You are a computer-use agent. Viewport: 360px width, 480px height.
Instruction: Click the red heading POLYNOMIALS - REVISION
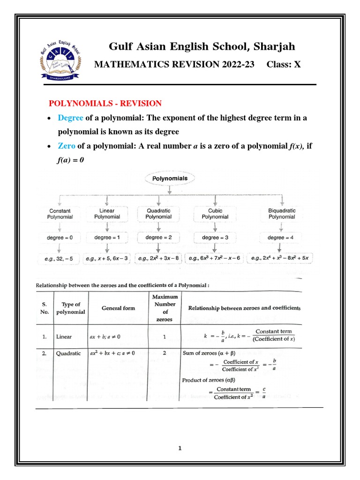pyautogui.click(x=105, y=103)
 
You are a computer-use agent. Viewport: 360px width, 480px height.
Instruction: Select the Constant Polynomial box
pyautogui.click(x=61, y=214)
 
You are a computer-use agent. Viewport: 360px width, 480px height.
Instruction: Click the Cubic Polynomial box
pyautogui.click(x=215, y=214)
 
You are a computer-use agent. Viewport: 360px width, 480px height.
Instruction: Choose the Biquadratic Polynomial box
pyautogui.click(x=282, y=214)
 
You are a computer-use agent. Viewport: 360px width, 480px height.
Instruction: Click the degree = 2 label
pyautogui.click(x=159, y=238)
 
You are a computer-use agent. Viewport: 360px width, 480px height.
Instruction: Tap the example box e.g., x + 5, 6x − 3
pyautogui.click(x=107, y=258)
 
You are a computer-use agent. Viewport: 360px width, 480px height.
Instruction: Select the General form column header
pyautogui.click(x=118, y=308)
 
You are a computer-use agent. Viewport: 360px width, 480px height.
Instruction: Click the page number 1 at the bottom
pyautogui.click(x=180, y=448)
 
